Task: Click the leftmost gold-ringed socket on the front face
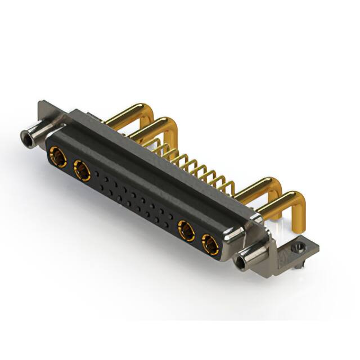click(x=57, y=156)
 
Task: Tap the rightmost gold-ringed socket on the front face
click(x=210, y=245)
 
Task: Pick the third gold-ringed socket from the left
click(x=186, y=230)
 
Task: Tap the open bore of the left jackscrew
click(x=25, y=136)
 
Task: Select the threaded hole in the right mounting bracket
click(x=296, y=246)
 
